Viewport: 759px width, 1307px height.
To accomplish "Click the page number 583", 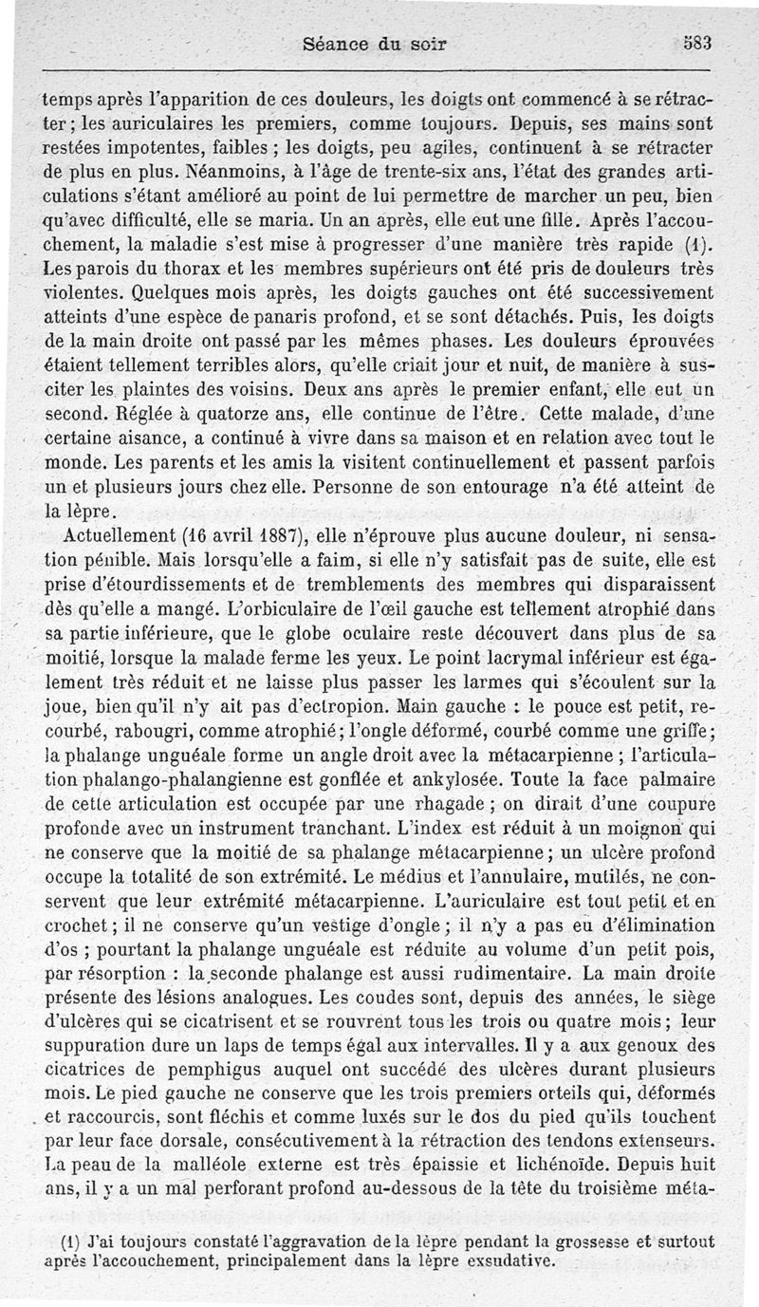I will [x=696, y=43].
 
